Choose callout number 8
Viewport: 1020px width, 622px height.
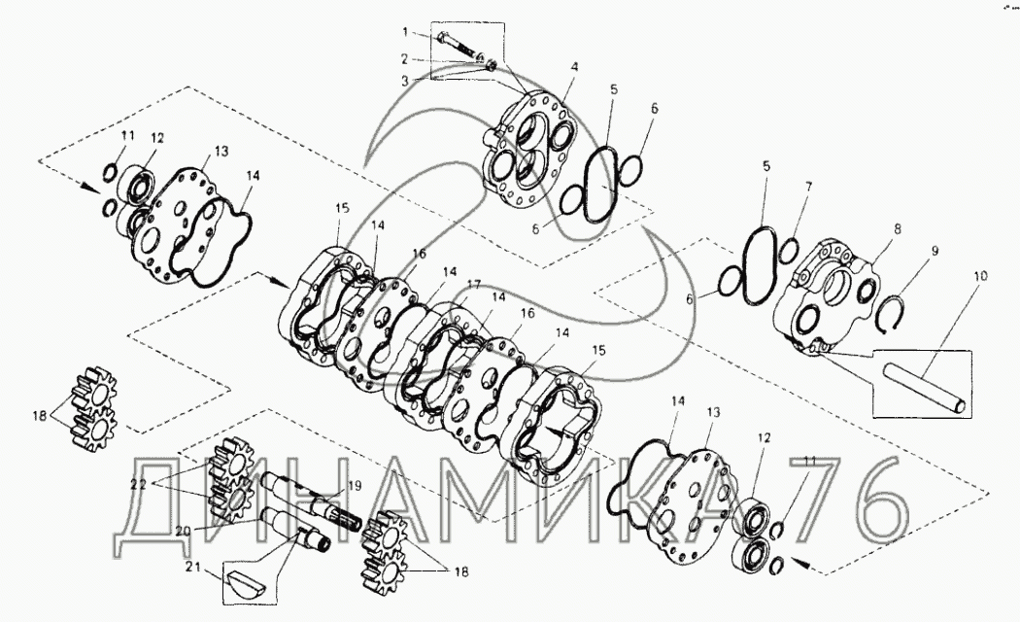[897, 229]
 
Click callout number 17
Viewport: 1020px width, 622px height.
[473, 285]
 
